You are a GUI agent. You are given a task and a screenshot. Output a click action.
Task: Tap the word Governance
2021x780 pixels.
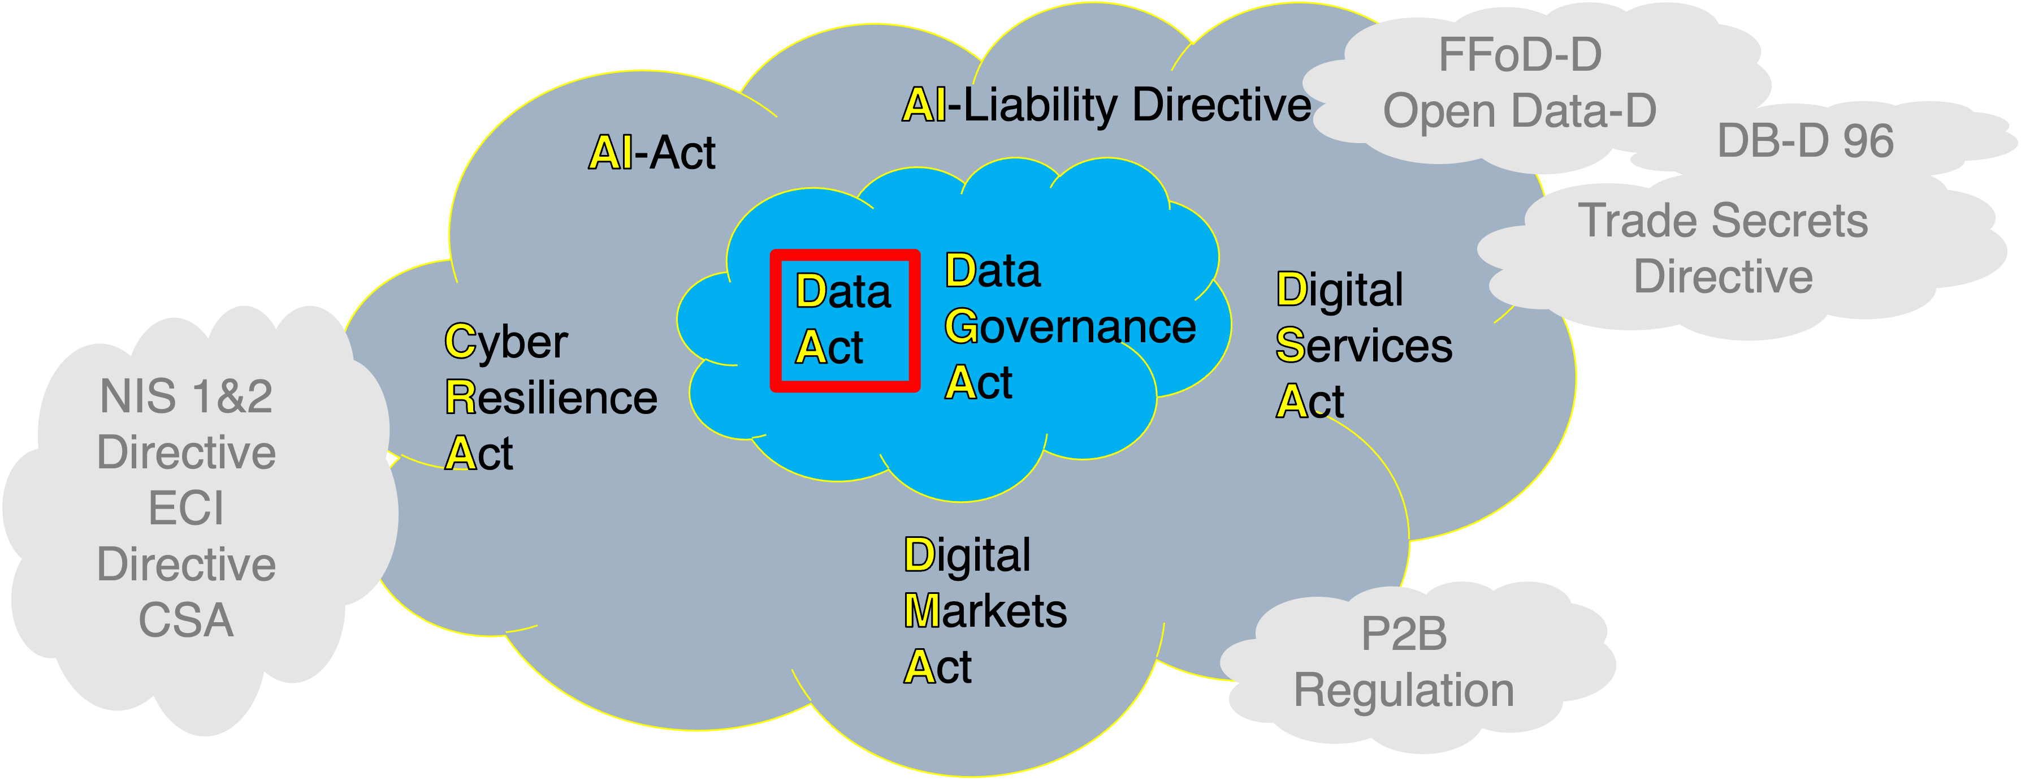click(x=1070, y=327)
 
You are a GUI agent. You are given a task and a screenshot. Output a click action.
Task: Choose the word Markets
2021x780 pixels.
click(x=985, y=611)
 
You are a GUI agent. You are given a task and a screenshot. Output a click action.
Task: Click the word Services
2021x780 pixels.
click(x=1364, y=346)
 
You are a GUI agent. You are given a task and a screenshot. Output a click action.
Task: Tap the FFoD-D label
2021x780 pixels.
click(x=1519, y=55)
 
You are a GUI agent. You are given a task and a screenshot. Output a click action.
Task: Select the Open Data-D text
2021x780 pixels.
click(x=1519, y=111)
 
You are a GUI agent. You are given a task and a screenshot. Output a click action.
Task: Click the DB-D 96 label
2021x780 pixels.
click(x=1805, y=141)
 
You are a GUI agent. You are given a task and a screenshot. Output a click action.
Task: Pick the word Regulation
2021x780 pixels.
click(x=1404, y=691)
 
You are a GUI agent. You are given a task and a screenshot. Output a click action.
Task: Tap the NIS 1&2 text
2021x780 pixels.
click(x=186, y=397)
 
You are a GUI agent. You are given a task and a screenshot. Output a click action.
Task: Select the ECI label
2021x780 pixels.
click(x=186, y=508)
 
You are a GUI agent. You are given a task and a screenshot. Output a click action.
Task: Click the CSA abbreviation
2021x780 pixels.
click(x=186, y=620)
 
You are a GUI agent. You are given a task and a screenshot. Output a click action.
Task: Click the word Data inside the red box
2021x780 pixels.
click(x=843, y=291)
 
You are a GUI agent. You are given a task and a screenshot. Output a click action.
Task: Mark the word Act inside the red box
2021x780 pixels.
click(x=829, y=348)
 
